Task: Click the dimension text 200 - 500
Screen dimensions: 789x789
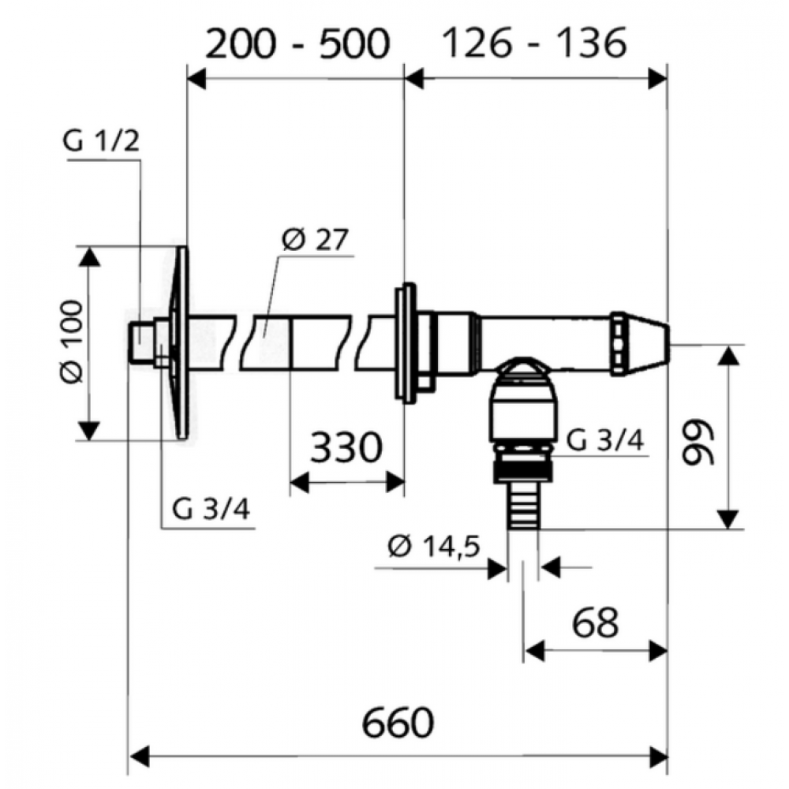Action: (298, 43)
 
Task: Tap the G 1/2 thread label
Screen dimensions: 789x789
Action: (101, 141)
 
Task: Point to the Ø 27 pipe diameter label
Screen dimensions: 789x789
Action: (315, 240)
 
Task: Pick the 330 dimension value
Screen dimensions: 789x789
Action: (346, 447)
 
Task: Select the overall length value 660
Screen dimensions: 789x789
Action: (398, 723)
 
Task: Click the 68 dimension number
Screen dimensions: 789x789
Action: (595, 623)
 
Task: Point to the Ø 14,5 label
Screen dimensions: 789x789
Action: (435, 547)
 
